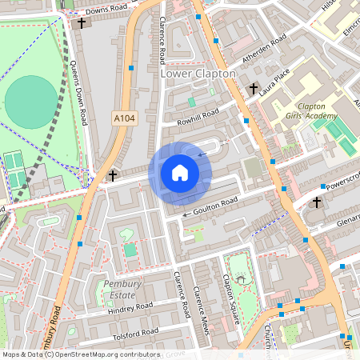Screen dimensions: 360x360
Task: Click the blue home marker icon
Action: click(180, 173)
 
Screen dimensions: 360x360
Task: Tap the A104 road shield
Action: click(123, 118)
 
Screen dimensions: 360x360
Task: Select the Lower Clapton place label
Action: click(198, 74)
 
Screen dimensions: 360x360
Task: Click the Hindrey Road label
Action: click(130, 307)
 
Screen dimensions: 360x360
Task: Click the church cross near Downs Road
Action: click(82, 23)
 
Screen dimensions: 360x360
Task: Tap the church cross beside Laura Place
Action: click(254, 88)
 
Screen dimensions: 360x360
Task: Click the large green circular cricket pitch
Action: click(31, 101)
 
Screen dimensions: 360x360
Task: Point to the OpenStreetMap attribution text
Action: click(80, 354)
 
